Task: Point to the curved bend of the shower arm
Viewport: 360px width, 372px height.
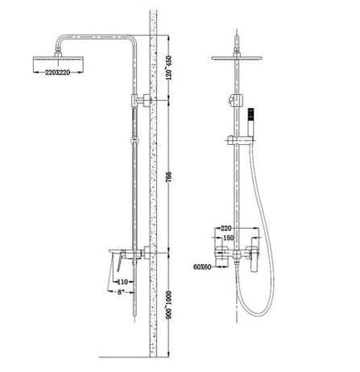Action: click(x=127, y=41)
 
